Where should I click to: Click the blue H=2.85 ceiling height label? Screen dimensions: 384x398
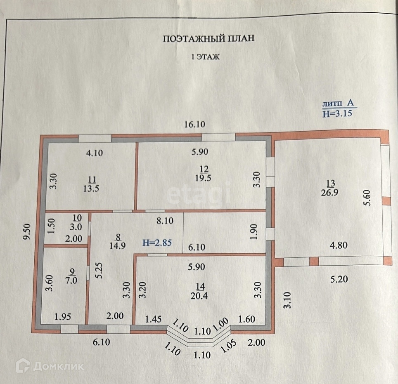[x=157, y=243]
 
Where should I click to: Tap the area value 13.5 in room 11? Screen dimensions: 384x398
[x=92, y=189]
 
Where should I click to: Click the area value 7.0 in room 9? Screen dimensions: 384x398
[x=73, y=281]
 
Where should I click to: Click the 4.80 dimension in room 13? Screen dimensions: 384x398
[x=338, y=245]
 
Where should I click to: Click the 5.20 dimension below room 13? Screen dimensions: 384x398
[x=338, y=279]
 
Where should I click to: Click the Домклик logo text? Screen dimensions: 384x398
[x=58, y=366]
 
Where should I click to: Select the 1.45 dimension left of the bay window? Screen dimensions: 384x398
[x=152, y=319]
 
